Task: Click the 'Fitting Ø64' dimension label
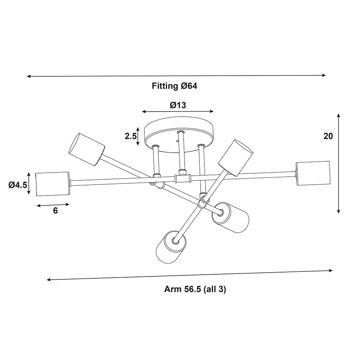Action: tap(175, 86)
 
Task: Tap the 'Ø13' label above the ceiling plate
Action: tap(178, 105)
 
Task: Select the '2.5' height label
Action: tap(131, 136)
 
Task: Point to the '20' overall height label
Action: tap(328, 136)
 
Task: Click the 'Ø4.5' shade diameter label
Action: tap(18, 185)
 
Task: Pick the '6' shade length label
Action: tap(55, 211)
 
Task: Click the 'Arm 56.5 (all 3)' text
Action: tap(195, 289)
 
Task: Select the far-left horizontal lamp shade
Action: tap(53, 184)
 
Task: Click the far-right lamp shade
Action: tap(313, 174)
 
